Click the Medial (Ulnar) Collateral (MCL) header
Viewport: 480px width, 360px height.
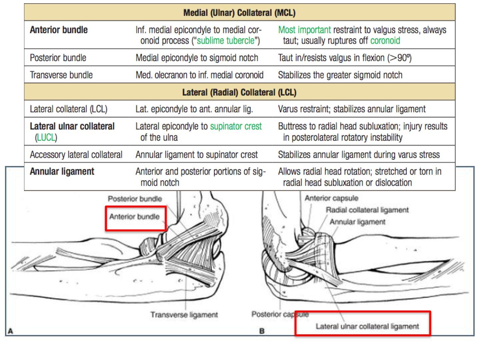(x=239, y=13)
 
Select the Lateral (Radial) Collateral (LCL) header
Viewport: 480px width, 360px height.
(x=239, y=92)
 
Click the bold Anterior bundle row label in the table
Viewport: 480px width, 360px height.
(x=59, y=30)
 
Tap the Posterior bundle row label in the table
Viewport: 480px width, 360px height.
(x=58, y=58)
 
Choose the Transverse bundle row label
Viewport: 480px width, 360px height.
(x=61, y=75)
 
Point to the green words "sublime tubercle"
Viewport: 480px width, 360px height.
(x=226, y=41)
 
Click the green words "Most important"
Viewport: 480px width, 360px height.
(x=304, y=30)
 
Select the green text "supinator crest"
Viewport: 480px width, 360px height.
(x=236, y=126)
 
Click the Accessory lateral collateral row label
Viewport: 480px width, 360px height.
(x=76, y=155)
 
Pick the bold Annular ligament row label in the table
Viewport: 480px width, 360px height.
(x=62, y=171)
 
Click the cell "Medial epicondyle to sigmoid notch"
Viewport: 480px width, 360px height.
(x=197, y=58)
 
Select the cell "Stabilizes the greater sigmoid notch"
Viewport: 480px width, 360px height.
(x=340, y=75)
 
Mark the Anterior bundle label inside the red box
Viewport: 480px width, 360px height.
(x=134, y=217)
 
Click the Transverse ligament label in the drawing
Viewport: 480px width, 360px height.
(x=184, y=315)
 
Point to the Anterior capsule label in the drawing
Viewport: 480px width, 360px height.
(x=332, y=198)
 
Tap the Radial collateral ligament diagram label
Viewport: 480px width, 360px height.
(x=367, y=210)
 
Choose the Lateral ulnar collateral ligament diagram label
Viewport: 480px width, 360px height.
(x=367, y=326)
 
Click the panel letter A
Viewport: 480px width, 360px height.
(x=10, y=331)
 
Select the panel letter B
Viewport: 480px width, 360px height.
(x=262, y=331)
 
